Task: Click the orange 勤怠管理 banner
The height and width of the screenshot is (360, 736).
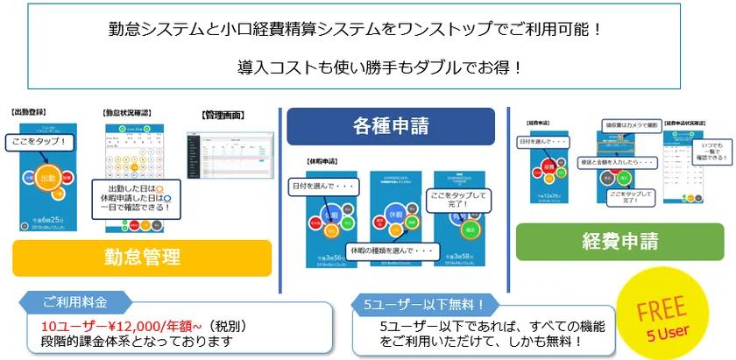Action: click(x=140, y=257)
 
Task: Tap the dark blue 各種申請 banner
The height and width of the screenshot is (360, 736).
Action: click(x=390, y=126)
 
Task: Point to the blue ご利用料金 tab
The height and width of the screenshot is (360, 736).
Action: click(x=79, y=303)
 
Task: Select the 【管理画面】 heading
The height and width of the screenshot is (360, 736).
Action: click(x=223, y=115)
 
